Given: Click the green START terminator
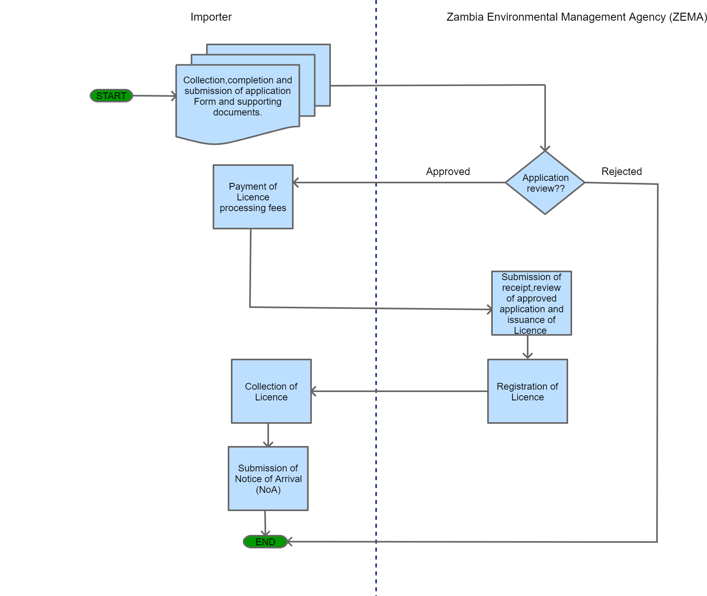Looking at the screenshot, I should pos(111,96).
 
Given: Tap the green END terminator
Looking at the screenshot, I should pos(265,542).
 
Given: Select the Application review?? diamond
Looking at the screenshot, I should pos(545,183).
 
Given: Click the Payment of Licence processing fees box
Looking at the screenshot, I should pos(253,197).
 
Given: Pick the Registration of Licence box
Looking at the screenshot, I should pos(527,391).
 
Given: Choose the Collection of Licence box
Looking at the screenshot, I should pos(271,391).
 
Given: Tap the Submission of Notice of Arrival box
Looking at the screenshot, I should pos(268,479).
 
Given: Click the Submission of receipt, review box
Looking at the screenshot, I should pos(531,303).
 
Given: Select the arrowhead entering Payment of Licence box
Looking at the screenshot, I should pos(296,183).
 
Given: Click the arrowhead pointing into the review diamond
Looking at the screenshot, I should pos(545,148).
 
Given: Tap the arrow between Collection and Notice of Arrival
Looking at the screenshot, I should pos(268,435).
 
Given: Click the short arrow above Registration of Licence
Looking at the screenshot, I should pos(527,348).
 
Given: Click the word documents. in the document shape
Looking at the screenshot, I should pos(237,112).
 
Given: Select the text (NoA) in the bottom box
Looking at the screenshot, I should pos(268,490).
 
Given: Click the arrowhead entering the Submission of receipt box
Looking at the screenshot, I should pos(489,309).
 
